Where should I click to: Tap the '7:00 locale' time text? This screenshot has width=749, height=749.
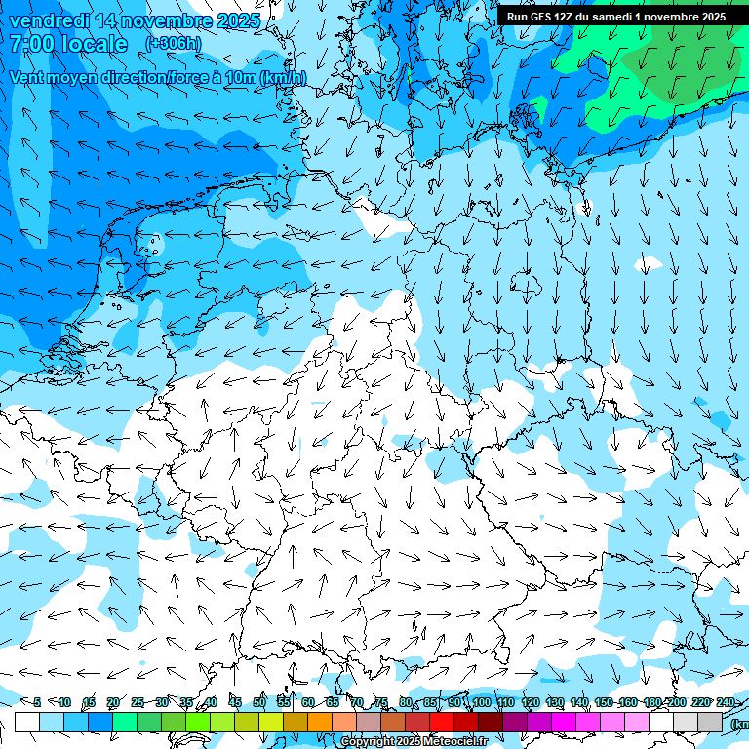pyautogui.click(x=68, y=44)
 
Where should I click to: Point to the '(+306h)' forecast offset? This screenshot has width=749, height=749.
pyautogui.click(x=174, y=44)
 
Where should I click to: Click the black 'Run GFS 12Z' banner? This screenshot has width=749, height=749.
pyautogui.click(x=615, y=17)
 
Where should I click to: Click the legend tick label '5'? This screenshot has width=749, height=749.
pyautogui.click(x=37, y=702)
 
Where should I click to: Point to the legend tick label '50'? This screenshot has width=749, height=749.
pyautogui.click(x=259, y=702)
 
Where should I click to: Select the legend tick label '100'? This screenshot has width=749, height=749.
pyautogui.click(x=481, y=702)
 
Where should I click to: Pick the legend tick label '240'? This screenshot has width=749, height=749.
pyautogui.click(x=725, y=702)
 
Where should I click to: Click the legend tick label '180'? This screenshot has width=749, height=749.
pyautogui.click(x=651, y=702)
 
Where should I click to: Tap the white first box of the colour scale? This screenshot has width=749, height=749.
pyautogui.click(x=27, y=722)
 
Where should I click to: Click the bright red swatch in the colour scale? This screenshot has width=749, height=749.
pyautogui.click(x=442, y=722)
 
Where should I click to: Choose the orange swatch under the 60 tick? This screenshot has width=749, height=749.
pyautogui.click(x=320, y=722)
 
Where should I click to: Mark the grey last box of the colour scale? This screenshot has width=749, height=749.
pyautogui.click(x=710, y=722)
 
